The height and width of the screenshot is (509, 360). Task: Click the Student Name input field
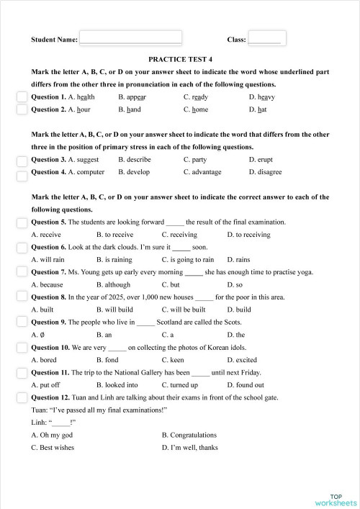pyautogui.click(x=130, y=38)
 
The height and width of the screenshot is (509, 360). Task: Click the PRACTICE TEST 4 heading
pyautogui.click(x=180, y=60)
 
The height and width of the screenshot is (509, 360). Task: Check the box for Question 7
pyautogui.click(x=22, y=272)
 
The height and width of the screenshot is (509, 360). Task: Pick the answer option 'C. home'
pyautogui.click(x=196, y=110)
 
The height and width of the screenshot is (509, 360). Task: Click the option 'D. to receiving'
pyautogui.click(x=248, y=234)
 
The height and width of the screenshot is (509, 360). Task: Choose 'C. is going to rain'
pyautogui.click(x=188, y=259)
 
